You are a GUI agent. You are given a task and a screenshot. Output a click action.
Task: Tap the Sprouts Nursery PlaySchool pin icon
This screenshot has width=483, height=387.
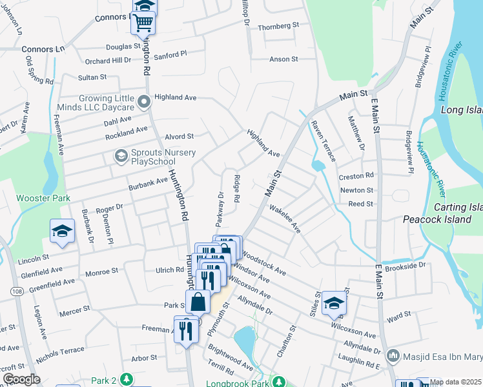(120, 155)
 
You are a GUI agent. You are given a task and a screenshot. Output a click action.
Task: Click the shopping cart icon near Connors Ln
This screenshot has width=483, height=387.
(143, 23)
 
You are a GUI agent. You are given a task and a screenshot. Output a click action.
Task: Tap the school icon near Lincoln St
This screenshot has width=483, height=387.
(61, 231)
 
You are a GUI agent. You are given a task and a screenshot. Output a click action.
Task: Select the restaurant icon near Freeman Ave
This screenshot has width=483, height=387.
(186, 330)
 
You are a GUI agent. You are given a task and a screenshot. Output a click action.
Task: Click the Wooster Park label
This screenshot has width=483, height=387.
(43, 198)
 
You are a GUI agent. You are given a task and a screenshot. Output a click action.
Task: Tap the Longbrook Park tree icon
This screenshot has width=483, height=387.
(278, 381)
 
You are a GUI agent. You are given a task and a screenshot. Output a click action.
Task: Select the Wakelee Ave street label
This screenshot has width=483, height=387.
(285, 219)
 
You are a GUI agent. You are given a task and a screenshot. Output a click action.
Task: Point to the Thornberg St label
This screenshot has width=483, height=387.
(279, 26)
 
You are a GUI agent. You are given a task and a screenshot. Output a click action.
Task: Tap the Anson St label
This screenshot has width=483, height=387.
(283, 59)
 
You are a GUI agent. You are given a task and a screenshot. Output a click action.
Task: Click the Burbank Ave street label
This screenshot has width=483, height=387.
(148, 184)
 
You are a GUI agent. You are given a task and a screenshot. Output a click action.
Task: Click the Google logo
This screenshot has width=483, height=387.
(21, 379)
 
